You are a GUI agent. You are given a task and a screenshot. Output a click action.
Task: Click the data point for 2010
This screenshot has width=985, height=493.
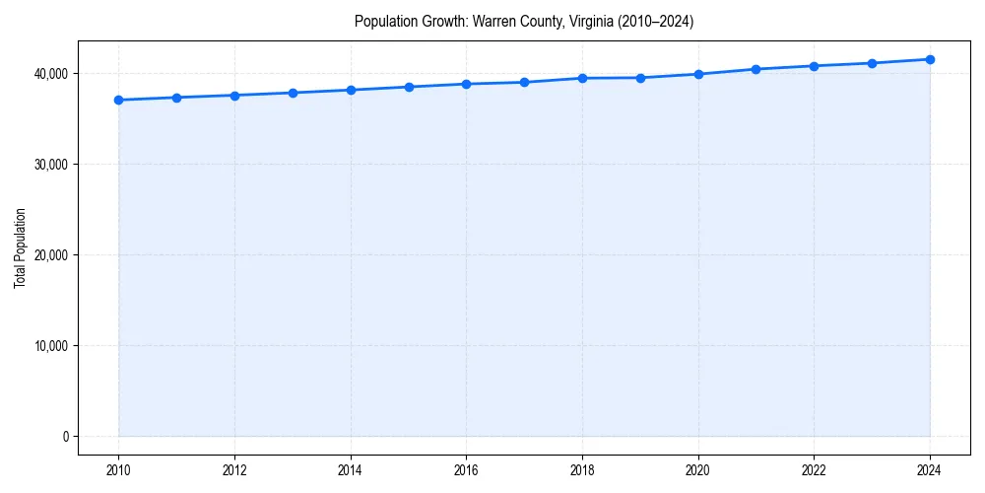[x=118, y=100]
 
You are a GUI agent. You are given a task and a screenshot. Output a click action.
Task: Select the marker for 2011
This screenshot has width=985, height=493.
[x=176, y=98]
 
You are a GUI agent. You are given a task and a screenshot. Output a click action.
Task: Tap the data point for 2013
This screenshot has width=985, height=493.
[x=293, y=93]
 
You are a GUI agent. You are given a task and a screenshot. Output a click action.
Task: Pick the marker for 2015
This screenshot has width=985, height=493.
[x=409, y=87]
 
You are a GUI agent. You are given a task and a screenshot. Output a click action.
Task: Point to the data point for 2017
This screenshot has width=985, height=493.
[x=524, y=82]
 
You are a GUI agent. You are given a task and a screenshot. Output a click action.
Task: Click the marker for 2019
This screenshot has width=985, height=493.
[x=640, y=78]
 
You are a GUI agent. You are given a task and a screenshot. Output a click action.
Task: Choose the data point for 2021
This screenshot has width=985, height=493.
[x=755, y=69]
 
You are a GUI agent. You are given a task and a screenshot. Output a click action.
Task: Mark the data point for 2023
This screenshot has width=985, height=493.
[x=872, y=63]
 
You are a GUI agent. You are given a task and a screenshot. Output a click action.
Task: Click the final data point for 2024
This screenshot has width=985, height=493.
[x=930, y=59]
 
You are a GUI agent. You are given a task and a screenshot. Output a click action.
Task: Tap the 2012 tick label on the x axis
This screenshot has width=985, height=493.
[x=234, y=470]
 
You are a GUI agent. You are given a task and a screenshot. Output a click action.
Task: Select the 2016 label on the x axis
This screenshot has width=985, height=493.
[x=466, y=470]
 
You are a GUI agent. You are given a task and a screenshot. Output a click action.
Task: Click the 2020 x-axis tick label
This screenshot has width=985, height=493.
[x=698, y=470]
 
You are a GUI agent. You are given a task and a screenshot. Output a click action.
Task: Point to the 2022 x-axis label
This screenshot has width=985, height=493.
[x=814, y=470]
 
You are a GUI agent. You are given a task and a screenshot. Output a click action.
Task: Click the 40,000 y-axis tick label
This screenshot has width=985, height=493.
[x=50, y=74]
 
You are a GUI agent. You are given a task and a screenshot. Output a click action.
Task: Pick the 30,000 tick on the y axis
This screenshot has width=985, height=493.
[x=50, y=165]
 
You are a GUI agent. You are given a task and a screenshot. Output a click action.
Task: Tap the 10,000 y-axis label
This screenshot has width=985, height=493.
[x=50, y=346]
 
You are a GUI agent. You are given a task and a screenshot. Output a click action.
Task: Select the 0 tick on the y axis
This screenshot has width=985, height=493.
[x=66, y=437]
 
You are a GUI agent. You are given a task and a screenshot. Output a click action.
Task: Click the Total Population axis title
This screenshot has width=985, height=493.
[x=20, y=247]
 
